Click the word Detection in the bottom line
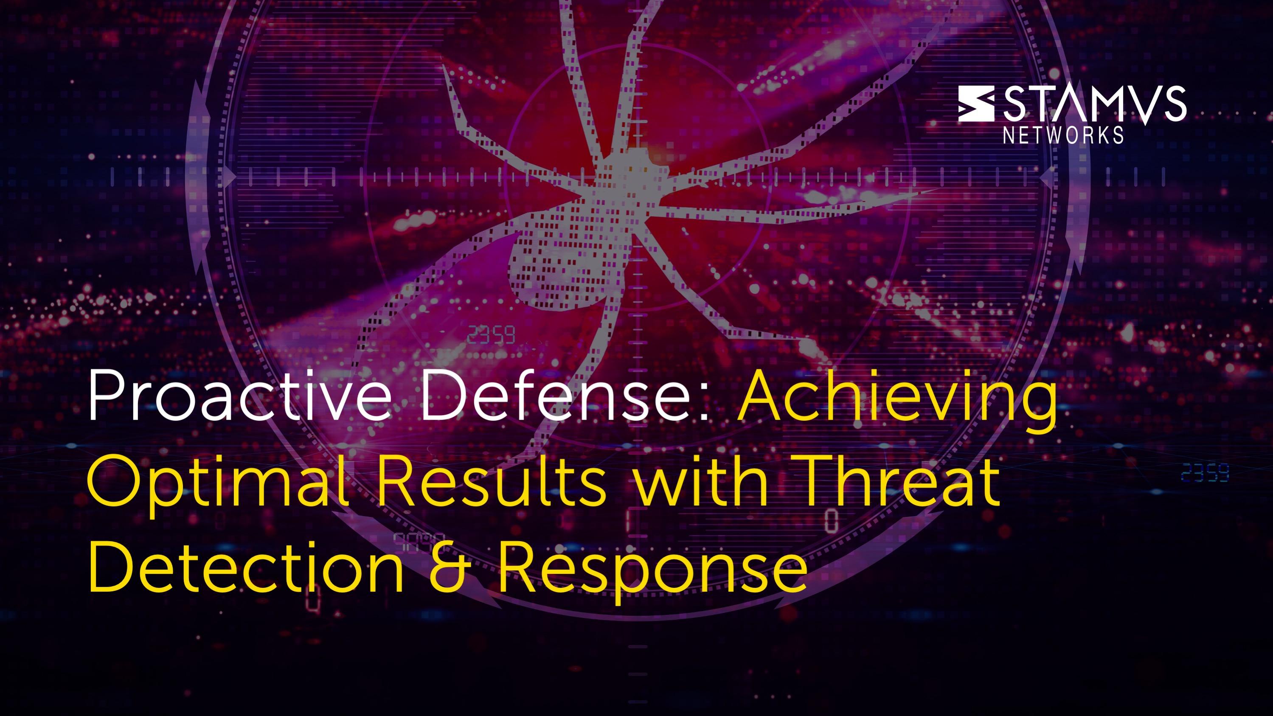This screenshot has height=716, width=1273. tap(246, 565)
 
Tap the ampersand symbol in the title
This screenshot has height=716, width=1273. tap(449, 566)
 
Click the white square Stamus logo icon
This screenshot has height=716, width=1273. tap(976, 103)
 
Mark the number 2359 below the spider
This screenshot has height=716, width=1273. tap(491, 335)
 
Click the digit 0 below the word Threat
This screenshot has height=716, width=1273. tap(832, 520)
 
